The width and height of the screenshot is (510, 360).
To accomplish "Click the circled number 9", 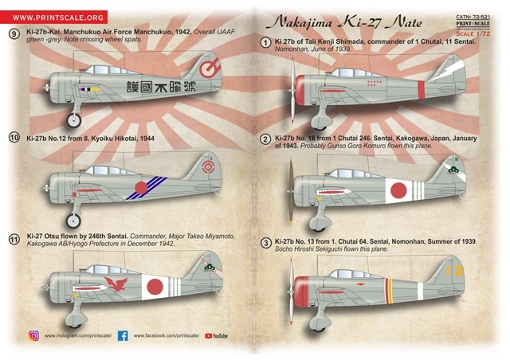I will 14,33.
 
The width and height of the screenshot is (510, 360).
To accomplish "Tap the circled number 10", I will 14,138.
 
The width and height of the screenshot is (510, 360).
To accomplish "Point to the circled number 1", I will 265,44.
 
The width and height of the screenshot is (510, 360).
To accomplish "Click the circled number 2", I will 265,139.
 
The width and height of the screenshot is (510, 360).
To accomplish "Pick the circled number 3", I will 265,242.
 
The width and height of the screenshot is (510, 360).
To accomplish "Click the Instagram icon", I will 33,336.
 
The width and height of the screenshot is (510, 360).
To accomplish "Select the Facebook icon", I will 123,336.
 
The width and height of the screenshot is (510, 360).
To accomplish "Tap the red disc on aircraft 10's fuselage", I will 141,190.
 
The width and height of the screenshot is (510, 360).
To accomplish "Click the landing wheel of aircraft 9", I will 75,121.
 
